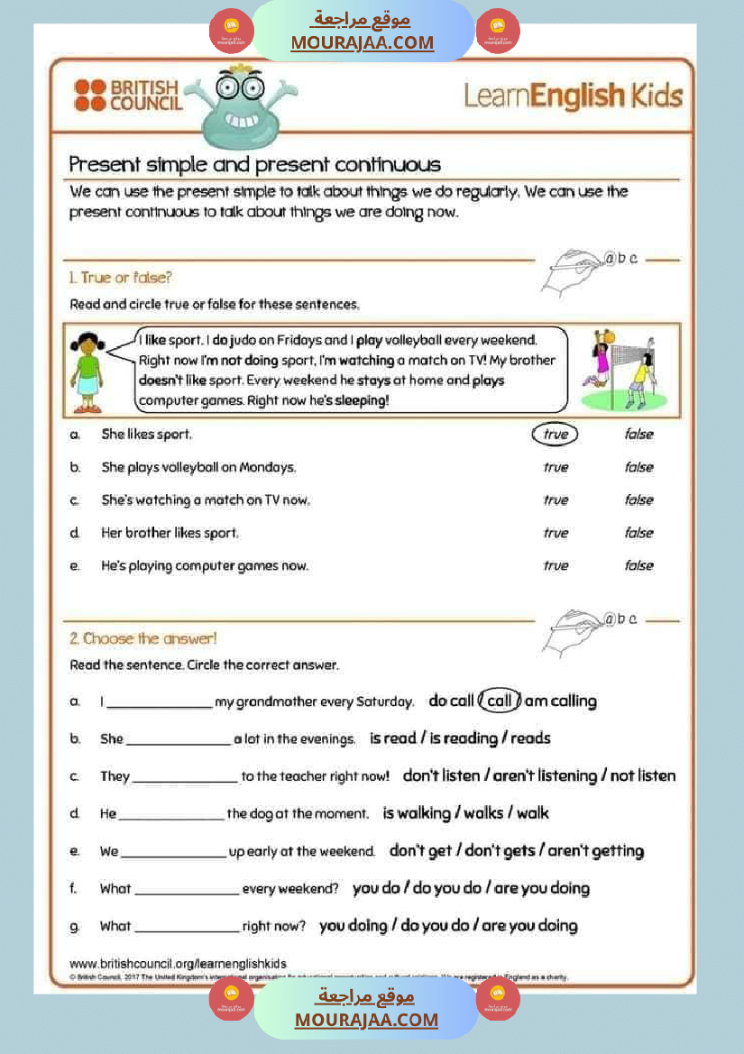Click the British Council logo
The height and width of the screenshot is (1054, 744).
[128, 95]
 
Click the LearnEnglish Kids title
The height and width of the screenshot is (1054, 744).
[573, 96]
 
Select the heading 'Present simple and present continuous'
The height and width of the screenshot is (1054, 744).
[255, 165]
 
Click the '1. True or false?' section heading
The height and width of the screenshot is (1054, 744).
[120, 277]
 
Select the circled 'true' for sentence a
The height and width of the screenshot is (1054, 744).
[556, 435]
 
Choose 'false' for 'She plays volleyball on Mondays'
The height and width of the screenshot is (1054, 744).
[638, 467]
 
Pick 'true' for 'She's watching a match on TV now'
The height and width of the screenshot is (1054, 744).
[556, 500]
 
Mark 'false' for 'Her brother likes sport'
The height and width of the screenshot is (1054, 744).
[638, 533]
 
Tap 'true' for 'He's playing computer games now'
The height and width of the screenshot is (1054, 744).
[556, 566]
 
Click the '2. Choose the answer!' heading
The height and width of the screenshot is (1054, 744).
[143, 638]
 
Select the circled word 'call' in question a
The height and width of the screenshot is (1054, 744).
[500, 701]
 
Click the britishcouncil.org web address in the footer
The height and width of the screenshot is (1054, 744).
[178, 964]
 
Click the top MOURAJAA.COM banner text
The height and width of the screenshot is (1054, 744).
[362, 42]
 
